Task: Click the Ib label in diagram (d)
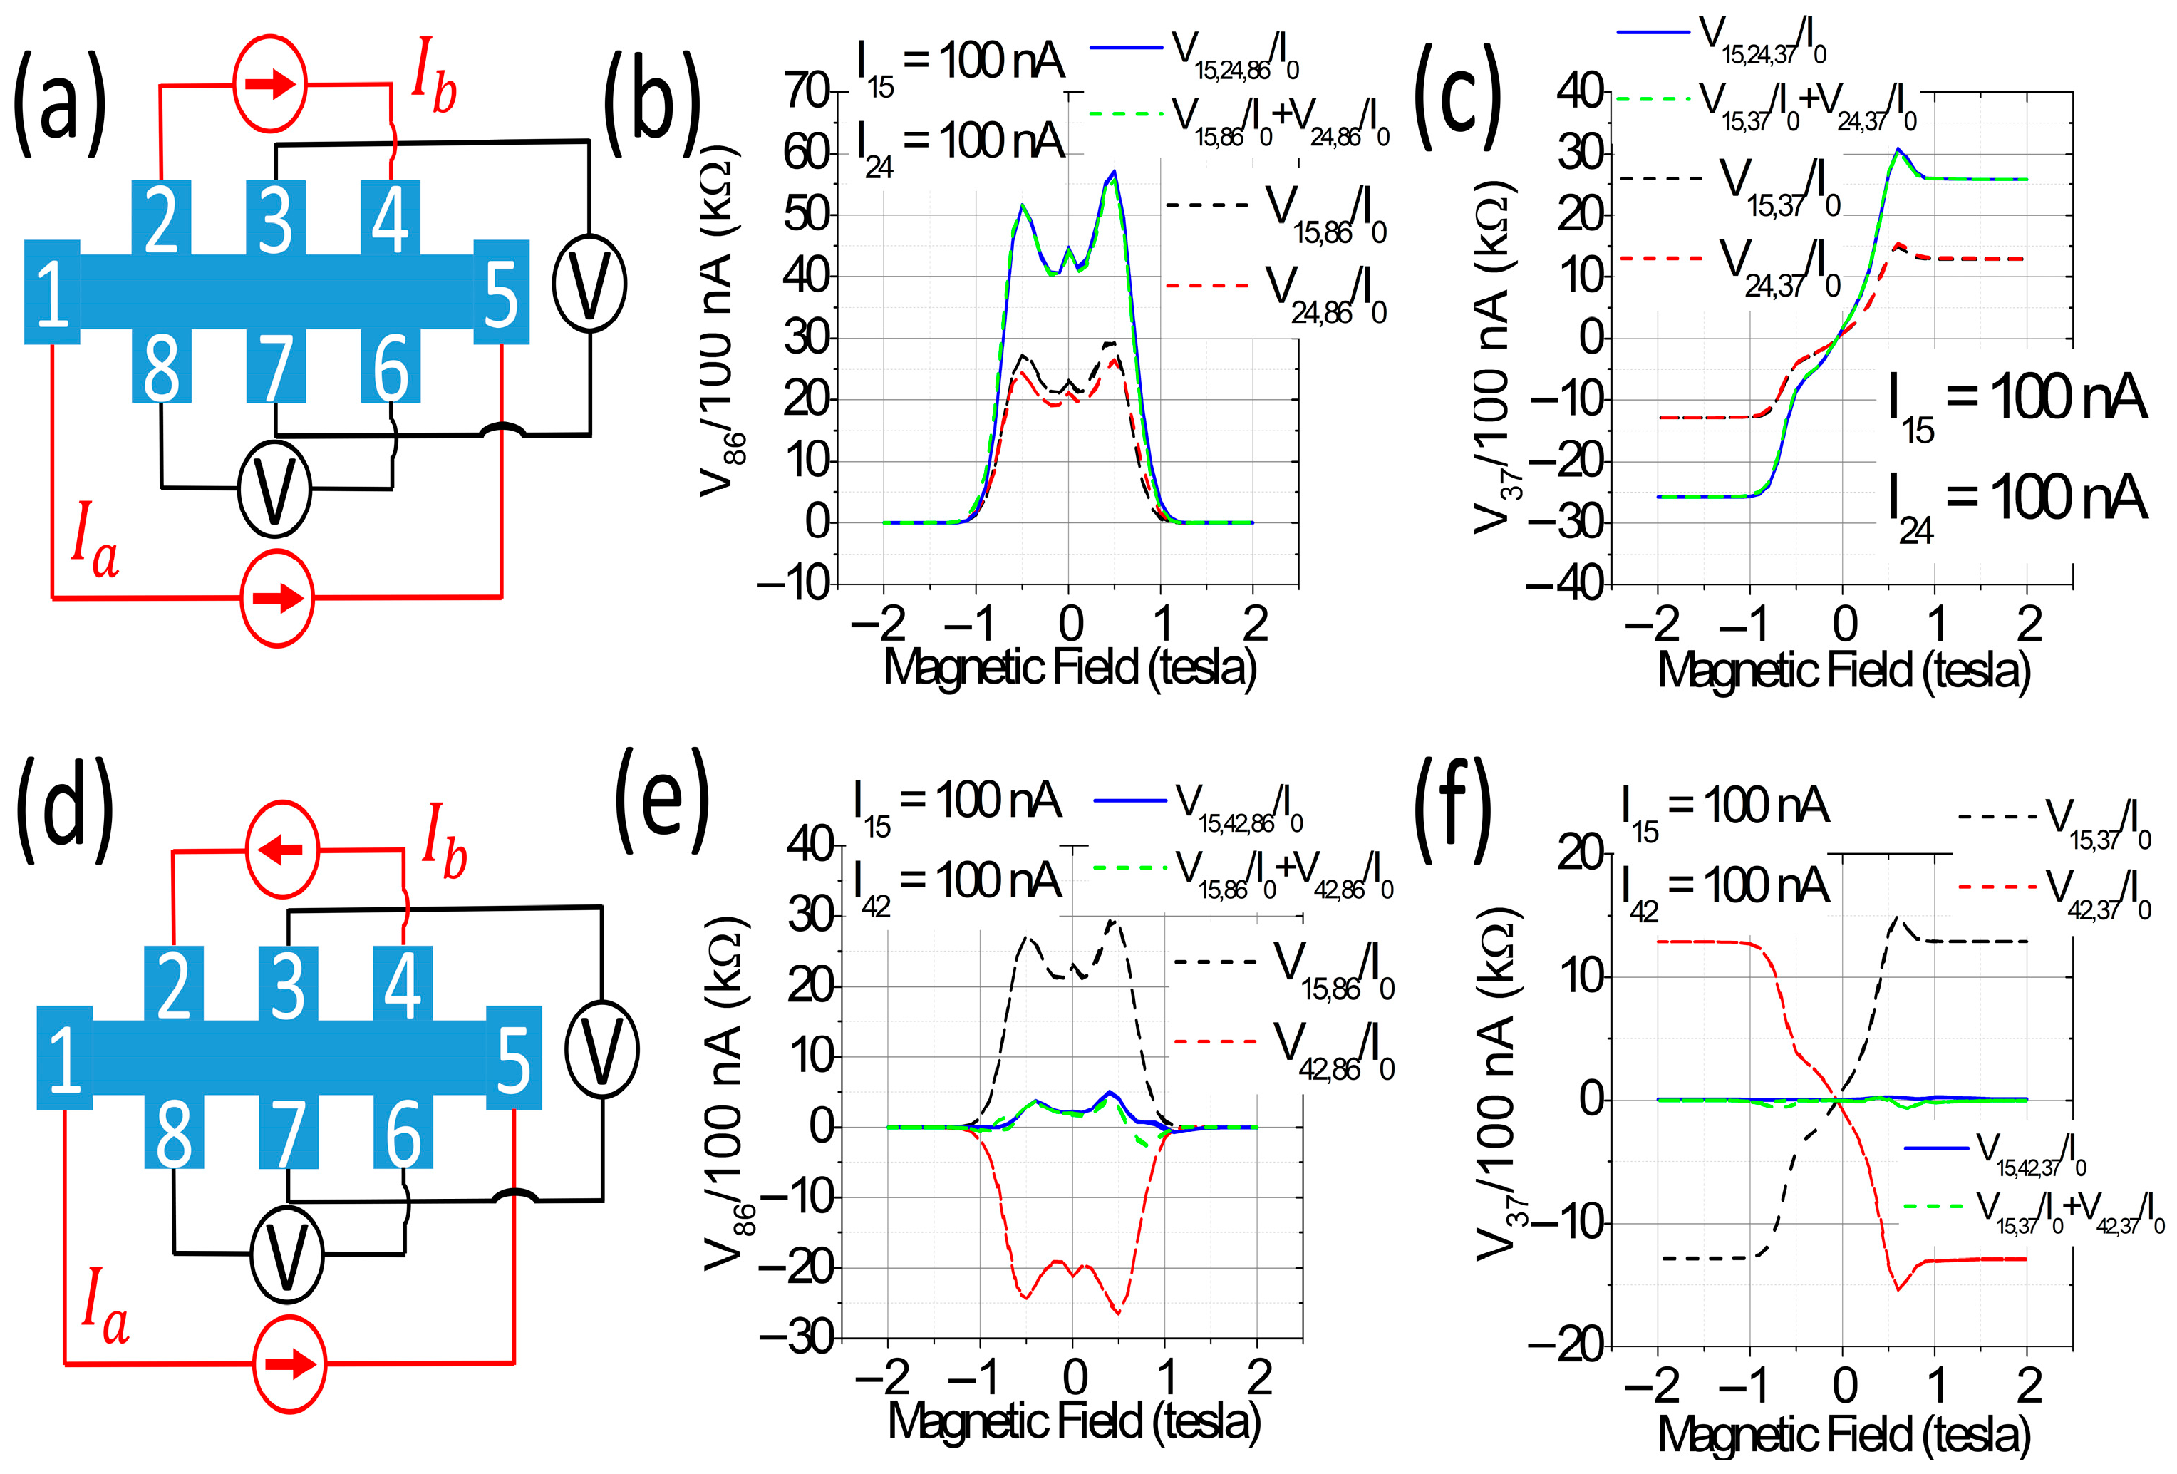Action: tap(444, 842)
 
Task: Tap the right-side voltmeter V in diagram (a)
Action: tap(589, 283)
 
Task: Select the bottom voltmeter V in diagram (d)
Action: tap(286, 1254)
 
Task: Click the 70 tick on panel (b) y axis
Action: tap(807, 92)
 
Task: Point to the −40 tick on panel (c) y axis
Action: tap(1566, 584)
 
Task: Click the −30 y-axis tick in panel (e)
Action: tap(795, 1338)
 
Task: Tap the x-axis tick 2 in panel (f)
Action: tap(2028, 1384)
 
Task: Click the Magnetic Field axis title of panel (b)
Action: tap(1070, 667)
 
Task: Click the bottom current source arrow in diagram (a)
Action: tap(277, 598)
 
